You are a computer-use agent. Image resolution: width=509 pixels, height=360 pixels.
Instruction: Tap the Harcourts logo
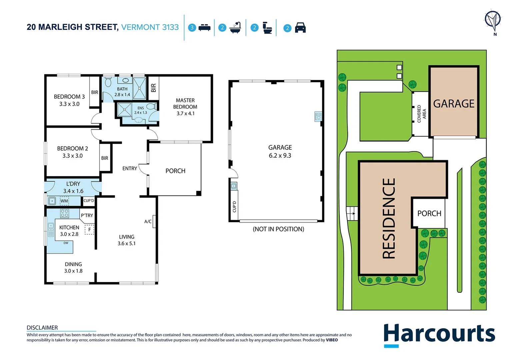coord(439,334)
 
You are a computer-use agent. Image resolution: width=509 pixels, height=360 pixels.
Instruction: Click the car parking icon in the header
coord(300,28)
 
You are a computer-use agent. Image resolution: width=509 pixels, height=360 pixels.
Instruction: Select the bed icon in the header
coord(204,28)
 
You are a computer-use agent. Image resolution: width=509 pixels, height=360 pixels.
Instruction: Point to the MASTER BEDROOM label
coord(185,104)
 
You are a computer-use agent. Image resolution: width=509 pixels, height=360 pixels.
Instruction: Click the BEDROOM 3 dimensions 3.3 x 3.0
coord(69,104)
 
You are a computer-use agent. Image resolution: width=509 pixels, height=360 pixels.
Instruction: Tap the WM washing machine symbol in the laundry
coord(64,201)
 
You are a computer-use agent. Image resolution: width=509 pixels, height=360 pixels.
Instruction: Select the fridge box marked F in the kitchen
coord(89,229)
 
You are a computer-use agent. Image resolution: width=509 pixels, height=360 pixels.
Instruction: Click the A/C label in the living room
coord(148,221)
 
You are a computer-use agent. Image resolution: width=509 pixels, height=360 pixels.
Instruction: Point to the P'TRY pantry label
coord(87,215)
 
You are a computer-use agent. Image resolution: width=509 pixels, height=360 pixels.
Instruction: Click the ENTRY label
coord(130,169)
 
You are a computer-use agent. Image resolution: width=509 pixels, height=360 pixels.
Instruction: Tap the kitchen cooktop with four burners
coord(65,213)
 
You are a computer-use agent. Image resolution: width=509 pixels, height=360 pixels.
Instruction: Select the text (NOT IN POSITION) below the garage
coord(278,229)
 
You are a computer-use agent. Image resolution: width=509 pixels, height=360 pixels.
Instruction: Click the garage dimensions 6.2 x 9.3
coord(280,156)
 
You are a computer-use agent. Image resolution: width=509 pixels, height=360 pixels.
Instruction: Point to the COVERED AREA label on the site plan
coord(421,114)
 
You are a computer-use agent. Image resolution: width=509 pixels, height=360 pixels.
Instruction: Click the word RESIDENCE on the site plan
coord(389,218)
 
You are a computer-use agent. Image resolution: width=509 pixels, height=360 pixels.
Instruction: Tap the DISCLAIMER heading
coord(42,328)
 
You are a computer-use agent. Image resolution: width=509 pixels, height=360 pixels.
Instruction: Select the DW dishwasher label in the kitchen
coord(66,243)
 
